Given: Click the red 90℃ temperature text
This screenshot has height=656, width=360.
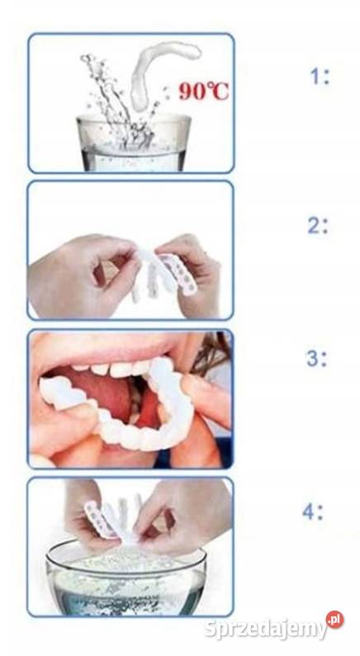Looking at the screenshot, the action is [x=204, y=92].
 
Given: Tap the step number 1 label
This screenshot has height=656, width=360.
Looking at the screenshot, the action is [x=320, y=77].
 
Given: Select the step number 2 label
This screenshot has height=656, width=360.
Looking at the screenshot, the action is [x=318, y=226].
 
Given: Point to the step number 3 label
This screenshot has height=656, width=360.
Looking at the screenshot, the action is [x=316, y=359].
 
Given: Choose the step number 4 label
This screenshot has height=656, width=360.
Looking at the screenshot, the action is [x=313, y=512].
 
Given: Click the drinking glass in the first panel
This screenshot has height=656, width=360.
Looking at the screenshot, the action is [x=134, y=143].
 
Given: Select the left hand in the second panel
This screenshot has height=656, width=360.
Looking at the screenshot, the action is [x=83, y=272].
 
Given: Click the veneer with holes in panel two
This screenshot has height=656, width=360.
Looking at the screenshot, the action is [x=181, y=273].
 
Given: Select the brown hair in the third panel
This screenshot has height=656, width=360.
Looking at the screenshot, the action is [x=214, y=356].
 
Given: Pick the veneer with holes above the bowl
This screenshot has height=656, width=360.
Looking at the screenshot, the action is [x=100, y=519].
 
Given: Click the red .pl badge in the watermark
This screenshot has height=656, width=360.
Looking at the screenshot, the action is [x=335, y=620].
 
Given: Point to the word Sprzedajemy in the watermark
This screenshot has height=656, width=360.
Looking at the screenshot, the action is [x=266, y=629].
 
